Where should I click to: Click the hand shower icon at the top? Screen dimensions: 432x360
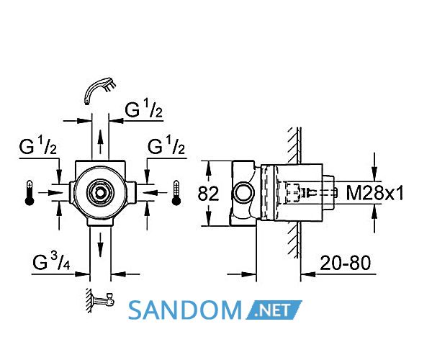pyautogui.click(x=99, y=90)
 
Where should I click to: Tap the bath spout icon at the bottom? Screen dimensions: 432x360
pyautogui.click(x=101, y=300)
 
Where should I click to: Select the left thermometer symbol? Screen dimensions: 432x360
pyautogui.click(x=30, y=193)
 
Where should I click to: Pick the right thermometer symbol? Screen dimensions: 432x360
pyautogui.click(x=176, y=193)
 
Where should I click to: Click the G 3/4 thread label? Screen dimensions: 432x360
pyautogui.click(x=51, y=261)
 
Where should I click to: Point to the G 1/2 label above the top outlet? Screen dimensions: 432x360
pyautogui.click(x=143, y=109)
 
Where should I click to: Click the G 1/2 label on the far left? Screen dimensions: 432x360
pyautogui.click(x=37, y=145)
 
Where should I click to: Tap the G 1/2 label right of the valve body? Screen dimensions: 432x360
pyautogui.click(x=166, y=145)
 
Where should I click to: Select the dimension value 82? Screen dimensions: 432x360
pyautogui.click(x=208, y=194)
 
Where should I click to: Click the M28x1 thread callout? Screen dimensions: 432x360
pyautogui.click(x=374, y=192)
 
